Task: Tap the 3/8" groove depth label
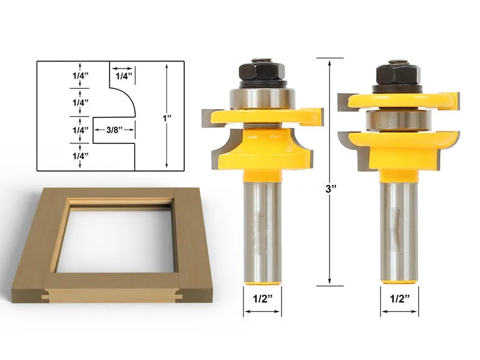coord(112,130)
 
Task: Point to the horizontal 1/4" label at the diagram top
coord(122,76)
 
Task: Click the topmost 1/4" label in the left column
coord(79,76)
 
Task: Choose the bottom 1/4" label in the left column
coord(79,156)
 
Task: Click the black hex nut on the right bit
coord(398,75)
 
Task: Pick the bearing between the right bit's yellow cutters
coord(398,119)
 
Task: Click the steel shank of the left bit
coord(262,228)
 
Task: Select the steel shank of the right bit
coord(399,228)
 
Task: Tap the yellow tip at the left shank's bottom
coord(262,280)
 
